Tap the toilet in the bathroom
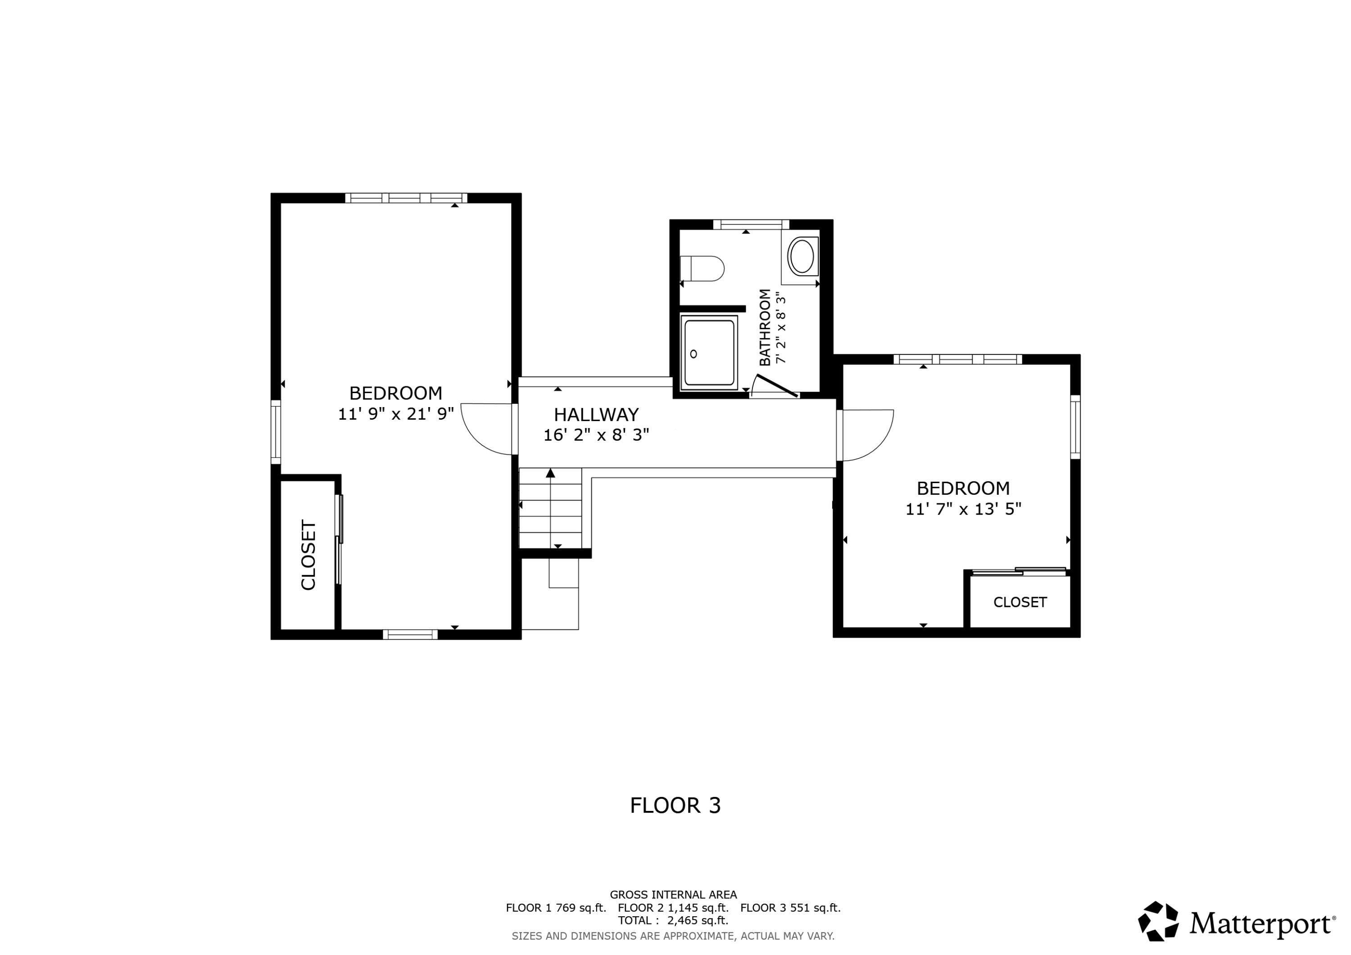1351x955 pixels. (x=703, y=268)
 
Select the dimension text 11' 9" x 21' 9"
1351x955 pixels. (x=395, y=414)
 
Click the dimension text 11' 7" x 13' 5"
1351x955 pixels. (x=963, y=509)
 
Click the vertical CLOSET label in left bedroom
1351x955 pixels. (x=308, y=554)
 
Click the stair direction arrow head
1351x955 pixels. (x=550, y=472)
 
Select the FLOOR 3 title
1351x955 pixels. (x=675, y=806)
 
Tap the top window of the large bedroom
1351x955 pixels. (x=406, y=198)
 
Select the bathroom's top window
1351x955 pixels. (x=750, y=224)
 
